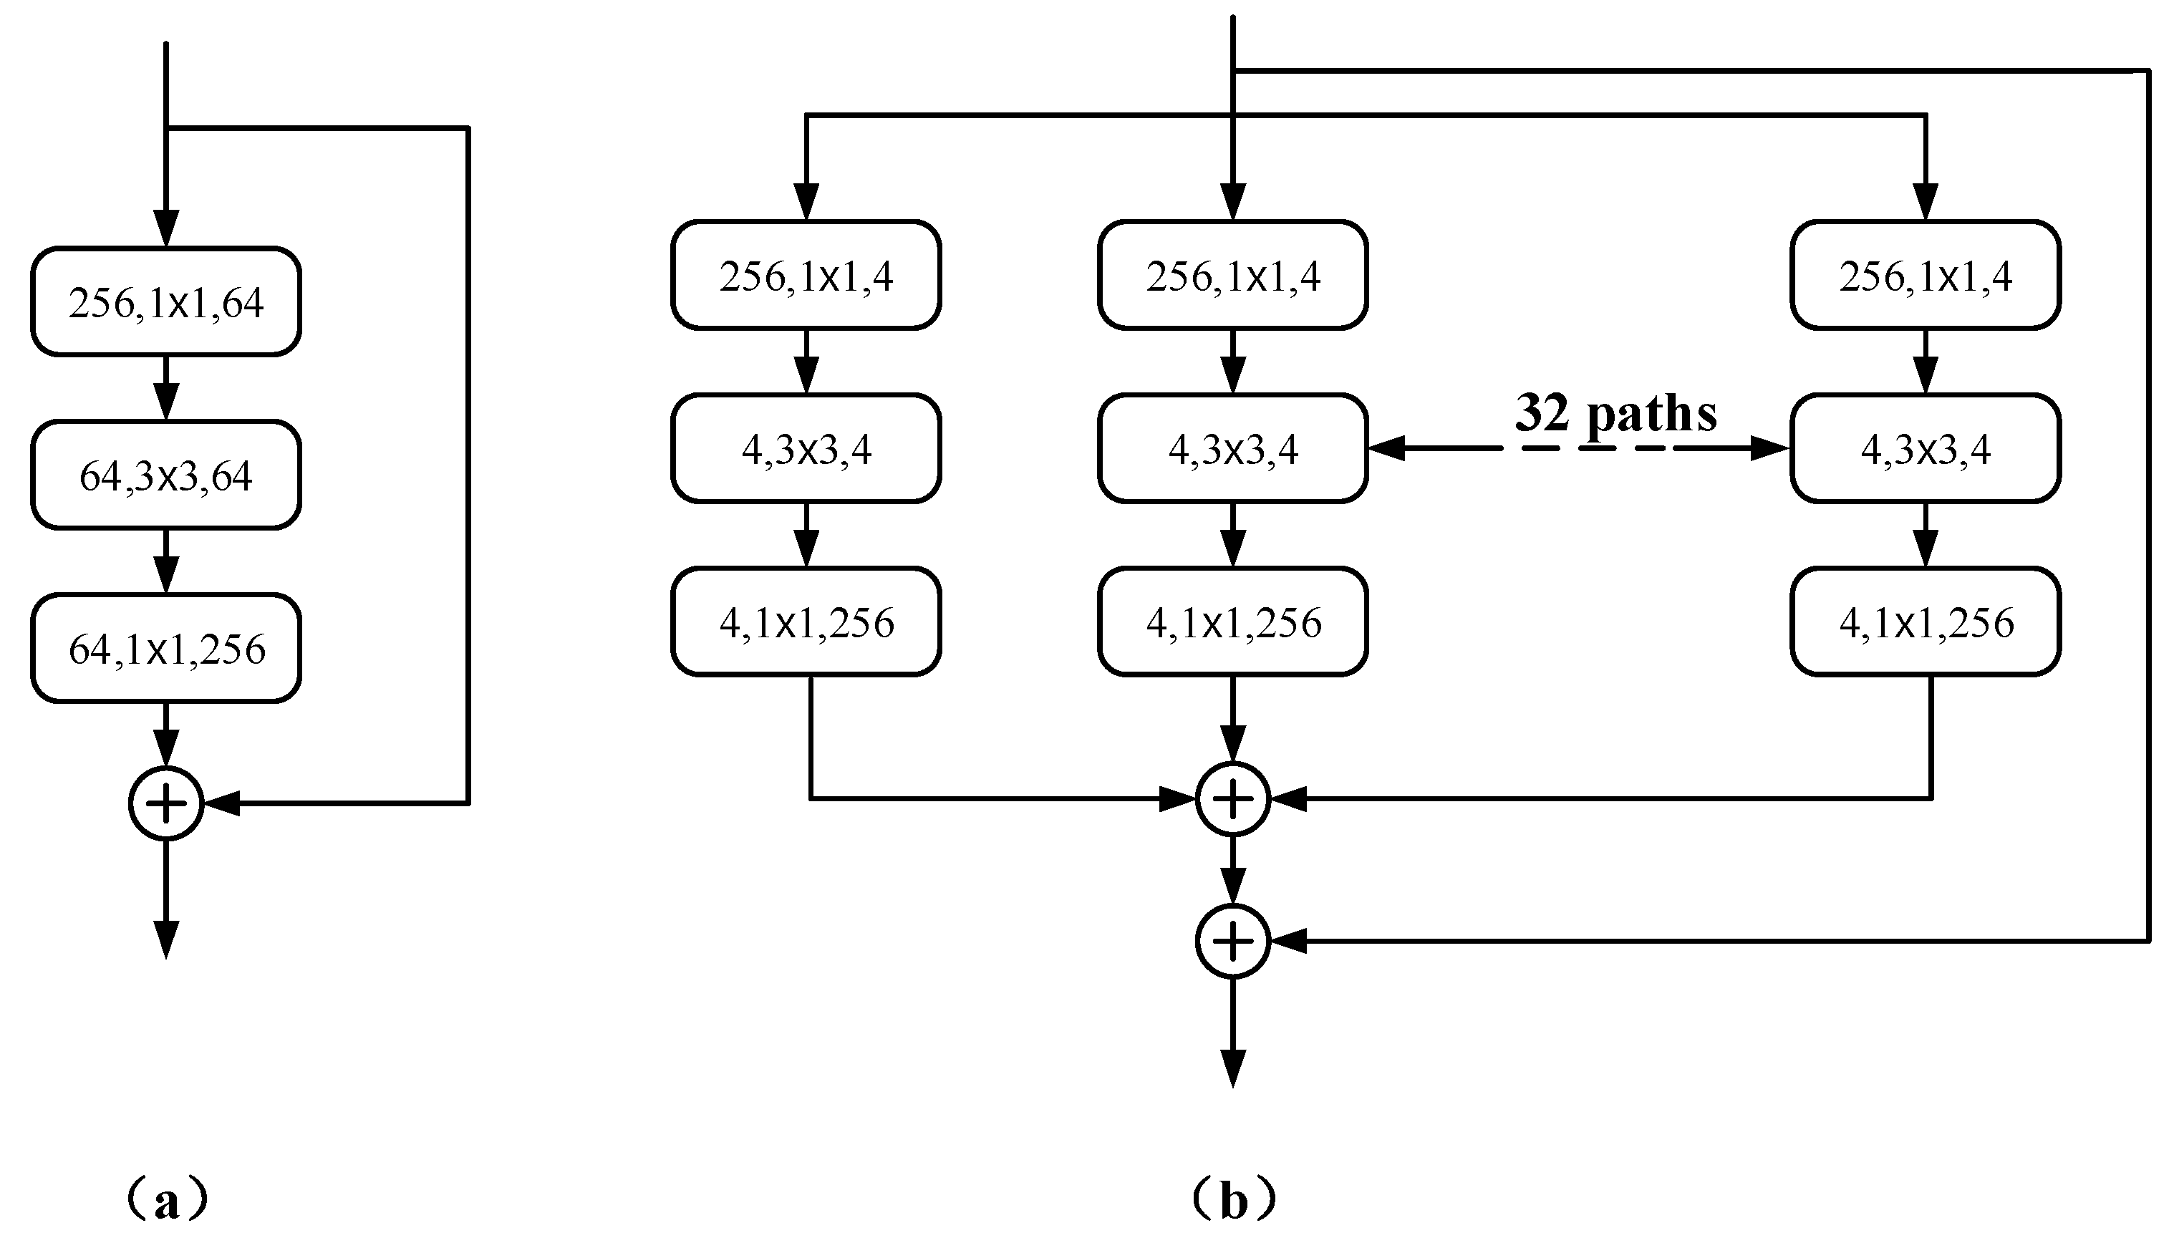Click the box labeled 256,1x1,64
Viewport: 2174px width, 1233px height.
click(166, 302)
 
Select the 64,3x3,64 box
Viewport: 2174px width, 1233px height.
click(166, 475)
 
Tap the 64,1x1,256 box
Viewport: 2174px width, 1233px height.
click(166, 649)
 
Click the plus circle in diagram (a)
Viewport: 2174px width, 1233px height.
click(166, 803)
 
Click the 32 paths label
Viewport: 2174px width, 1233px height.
click(1616, 413)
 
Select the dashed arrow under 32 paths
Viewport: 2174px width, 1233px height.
click(1579, 448)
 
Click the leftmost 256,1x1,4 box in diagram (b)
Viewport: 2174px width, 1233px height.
click(806, 275)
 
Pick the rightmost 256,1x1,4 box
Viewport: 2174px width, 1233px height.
click(1926, 275)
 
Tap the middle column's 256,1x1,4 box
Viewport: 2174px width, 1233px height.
click(1233, 275)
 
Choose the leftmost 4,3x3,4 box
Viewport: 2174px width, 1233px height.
click(806, 448)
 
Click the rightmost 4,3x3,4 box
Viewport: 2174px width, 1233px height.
click(1926, 448)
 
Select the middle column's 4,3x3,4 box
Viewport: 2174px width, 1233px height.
click(1233, 448)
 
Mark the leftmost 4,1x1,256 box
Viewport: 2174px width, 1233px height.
click(806, 622)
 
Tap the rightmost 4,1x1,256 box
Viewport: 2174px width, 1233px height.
click(1926, 622)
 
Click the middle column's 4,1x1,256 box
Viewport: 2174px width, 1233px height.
click(1233, 622)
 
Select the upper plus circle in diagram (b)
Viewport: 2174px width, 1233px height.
click(1233, 798)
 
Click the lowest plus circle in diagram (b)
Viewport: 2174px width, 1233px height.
click(1233, 941)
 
